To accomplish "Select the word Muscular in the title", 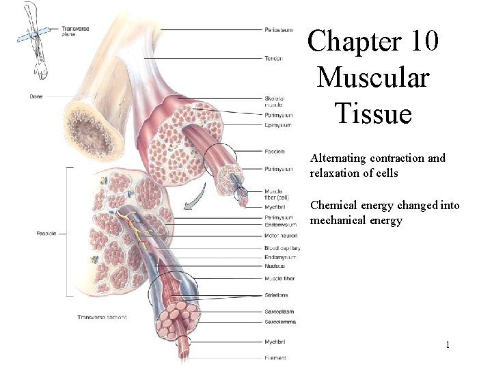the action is point(372,77).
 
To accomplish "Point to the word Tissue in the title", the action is point(373,112).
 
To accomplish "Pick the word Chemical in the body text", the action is point(336,206).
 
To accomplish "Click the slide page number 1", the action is point(448,345).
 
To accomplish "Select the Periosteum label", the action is point(279,29).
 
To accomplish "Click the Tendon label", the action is point(273,58).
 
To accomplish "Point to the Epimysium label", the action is point(279,125).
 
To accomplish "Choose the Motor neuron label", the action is point(281,236).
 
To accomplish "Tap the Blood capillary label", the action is point(282,248).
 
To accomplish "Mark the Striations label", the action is point(276,295).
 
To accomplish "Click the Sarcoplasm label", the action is point(278,311).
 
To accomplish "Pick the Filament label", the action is point(275,357).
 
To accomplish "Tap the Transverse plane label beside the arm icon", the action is point(75,31).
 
